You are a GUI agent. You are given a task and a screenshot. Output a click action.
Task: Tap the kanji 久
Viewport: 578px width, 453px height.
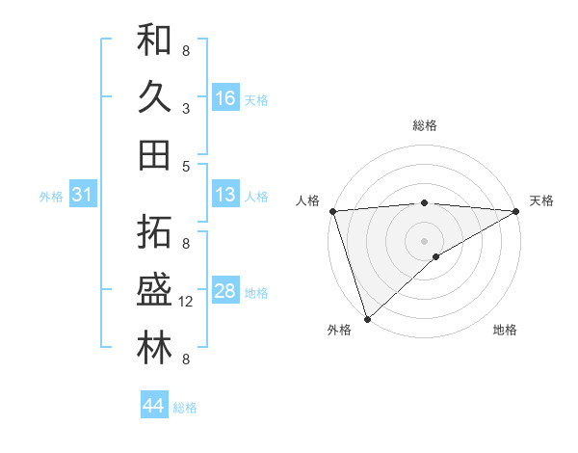(154, 97)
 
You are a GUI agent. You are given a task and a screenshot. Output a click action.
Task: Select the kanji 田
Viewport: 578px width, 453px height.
(154, 154)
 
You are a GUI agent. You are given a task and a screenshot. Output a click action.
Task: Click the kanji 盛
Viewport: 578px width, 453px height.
(154, 291)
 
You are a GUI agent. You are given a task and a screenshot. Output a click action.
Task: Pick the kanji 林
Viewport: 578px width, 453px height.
(154, 348)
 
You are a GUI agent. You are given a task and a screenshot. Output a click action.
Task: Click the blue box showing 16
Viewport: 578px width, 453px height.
(225, 98)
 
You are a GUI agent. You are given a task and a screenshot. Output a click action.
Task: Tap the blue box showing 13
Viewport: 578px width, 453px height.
(225, 196)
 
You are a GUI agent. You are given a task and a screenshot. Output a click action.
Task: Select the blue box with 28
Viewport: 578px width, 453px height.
(225, 291)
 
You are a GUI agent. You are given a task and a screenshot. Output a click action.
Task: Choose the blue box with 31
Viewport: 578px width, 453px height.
(82, 196)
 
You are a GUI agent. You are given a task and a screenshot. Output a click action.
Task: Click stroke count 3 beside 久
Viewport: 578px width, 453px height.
(186, 109)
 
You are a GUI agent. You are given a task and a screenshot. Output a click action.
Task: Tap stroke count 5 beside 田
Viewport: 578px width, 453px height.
(186, 166)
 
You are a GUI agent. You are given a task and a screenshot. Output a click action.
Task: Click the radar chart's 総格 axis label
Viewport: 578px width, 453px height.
(425, 125)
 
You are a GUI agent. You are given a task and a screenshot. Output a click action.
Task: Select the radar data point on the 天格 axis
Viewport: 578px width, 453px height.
(517, 211)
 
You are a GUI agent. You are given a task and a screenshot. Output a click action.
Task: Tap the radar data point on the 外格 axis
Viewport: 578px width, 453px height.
(367, 319)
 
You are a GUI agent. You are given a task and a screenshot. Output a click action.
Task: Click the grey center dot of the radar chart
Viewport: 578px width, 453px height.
(424, 240)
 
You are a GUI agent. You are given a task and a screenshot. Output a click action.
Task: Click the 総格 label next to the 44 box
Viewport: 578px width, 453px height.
(185, 408)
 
